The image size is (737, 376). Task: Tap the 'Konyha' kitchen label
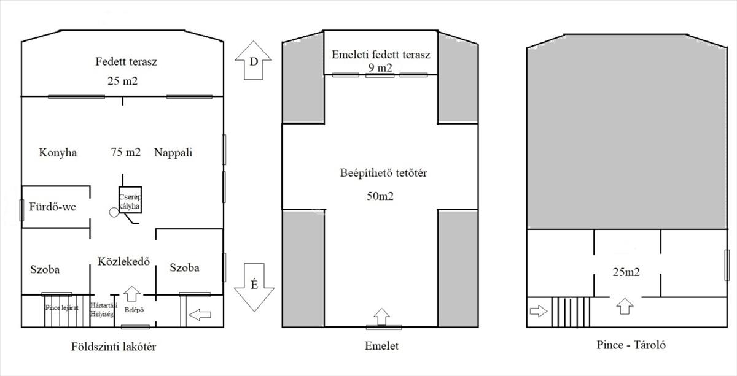point(58,153)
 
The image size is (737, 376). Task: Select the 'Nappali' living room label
point(173,153)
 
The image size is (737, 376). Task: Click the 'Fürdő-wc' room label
point(52,207)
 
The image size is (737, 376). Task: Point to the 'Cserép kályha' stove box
point(130,199)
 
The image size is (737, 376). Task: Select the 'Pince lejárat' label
point(61,307)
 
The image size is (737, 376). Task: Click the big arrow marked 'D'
point(254,60)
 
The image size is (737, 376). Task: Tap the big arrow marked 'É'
point(254,286)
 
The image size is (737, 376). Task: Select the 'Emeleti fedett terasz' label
point(381,55)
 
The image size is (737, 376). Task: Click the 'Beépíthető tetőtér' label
point(383,173)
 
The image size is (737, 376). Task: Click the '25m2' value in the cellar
point(626,272)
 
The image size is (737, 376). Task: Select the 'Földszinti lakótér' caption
point(114,347)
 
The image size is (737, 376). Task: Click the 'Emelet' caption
point(381,346)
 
